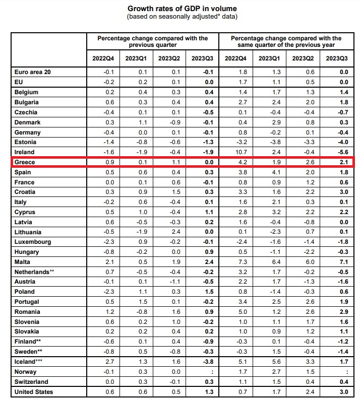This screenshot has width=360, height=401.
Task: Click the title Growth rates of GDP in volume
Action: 182,9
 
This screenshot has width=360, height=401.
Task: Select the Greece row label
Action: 25,162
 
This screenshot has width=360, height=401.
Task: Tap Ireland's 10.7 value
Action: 241,152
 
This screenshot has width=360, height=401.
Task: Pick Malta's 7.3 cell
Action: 243,262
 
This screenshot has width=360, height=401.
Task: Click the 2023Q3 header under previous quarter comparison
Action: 202,58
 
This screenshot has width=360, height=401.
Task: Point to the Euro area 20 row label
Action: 32,72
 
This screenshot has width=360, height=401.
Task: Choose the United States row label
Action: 34,392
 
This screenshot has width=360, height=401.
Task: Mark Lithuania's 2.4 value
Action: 176,232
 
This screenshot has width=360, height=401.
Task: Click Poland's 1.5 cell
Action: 209,292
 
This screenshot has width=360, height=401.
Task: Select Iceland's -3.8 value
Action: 208,362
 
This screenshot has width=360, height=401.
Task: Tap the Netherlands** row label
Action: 34,272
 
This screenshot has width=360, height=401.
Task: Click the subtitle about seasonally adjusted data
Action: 182,17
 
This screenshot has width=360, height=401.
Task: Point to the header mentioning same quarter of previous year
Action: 286,41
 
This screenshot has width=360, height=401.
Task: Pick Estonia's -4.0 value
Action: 343,142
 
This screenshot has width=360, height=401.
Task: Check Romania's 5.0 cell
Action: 243,312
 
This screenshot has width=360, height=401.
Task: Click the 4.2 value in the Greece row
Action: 243,162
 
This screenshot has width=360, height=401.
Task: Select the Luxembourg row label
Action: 33,242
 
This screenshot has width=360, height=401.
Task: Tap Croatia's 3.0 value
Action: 344,192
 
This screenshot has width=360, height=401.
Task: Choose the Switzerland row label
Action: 31,382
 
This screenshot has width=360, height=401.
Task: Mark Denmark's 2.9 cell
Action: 276,122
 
